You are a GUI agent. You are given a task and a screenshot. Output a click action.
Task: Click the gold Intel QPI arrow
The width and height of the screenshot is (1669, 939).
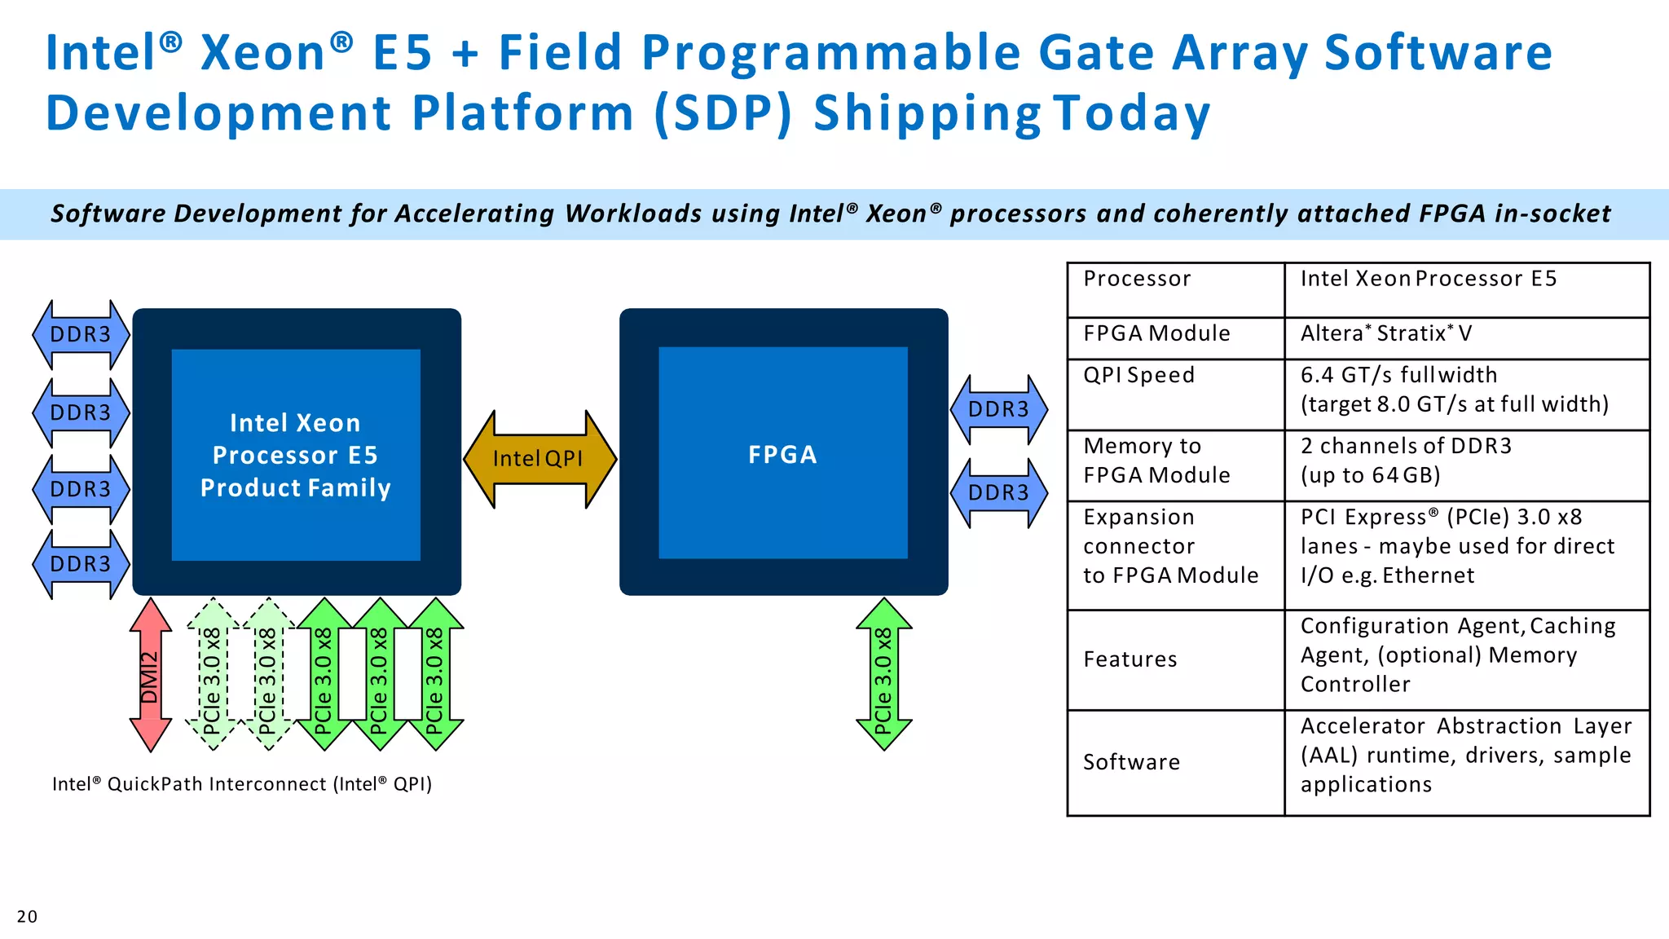pos(539,459)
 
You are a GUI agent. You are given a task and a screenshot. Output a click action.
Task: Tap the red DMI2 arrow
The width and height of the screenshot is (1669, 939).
pos(151,675)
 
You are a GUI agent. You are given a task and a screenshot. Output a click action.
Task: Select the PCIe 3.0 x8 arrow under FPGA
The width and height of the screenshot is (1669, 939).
pos(883,675)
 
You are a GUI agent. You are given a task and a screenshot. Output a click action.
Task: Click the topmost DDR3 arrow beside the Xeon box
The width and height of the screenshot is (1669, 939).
pos(80,334)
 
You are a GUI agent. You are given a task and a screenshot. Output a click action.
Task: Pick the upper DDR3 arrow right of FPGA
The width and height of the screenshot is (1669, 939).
pos(998,409)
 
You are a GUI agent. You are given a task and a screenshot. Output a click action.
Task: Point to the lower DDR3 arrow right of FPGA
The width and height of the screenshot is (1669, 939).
pos(998,492)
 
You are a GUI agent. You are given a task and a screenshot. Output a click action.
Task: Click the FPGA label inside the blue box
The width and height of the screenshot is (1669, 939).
pos(782,455)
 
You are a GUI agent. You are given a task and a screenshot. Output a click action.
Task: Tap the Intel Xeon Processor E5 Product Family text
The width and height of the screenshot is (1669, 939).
pos(295,455)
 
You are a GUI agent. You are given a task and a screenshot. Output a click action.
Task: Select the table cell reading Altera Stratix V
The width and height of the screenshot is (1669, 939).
pos(1385,333)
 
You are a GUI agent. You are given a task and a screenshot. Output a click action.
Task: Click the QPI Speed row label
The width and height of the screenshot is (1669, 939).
pos(1138,375)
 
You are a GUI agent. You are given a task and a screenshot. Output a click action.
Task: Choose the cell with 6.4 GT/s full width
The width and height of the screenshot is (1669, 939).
pos(1454,390)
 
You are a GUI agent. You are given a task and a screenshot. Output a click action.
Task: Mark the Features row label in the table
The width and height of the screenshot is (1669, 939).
pos(1130,659)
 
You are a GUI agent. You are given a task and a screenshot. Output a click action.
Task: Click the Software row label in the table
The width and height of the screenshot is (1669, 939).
pos(1131,762)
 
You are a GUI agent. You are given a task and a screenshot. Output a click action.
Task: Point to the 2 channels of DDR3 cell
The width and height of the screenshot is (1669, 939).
pos(1406,461)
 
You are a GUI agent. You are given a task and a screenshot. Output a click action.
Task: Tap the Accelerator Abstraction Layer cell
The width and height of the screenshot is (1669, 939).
pos(1465,755)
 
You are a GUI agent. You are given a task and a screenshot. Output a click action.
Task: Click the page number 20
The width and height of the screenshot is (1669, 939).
pos(27,916)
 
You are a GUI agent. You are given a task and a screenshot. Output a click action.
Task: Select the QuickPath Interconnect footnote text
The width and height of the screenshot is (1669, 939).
pos(242,784)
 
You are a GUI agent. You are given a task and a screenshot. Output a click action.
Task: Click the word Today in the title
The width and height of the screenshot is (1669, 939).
pos(1131,112)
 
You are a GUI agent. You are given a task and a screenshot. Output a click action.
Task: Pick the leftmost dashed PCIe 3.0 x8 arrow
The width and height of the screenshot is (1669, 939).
pos(212,675)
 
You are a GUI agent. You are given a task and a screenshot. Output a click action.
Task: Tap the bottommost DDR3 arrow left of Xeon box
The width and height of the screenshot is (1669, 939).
pos(80,564)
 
